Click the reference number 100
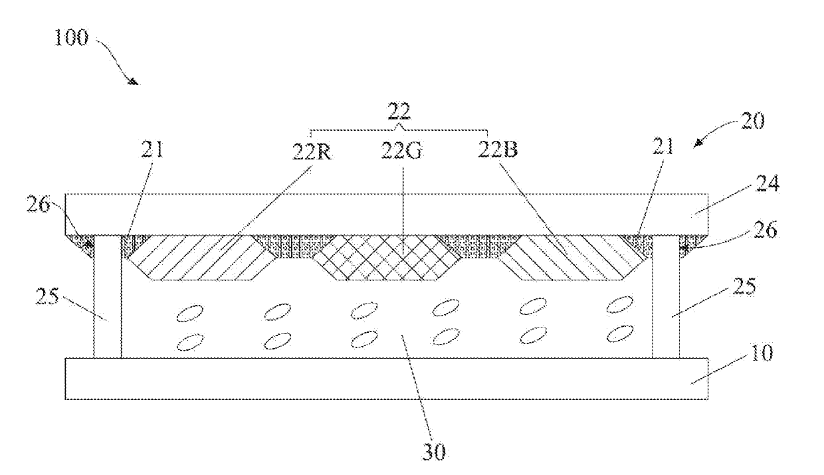coord(70,38)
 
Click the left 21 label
coord(152,150)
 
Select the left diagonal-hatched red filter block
coord(193,258)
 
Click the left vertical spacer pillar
coord(108,296)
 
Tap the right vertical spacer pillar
coord(667,296)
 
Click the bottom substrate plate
coord(385,379)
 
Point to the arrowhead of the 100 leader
coord(135,82)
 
